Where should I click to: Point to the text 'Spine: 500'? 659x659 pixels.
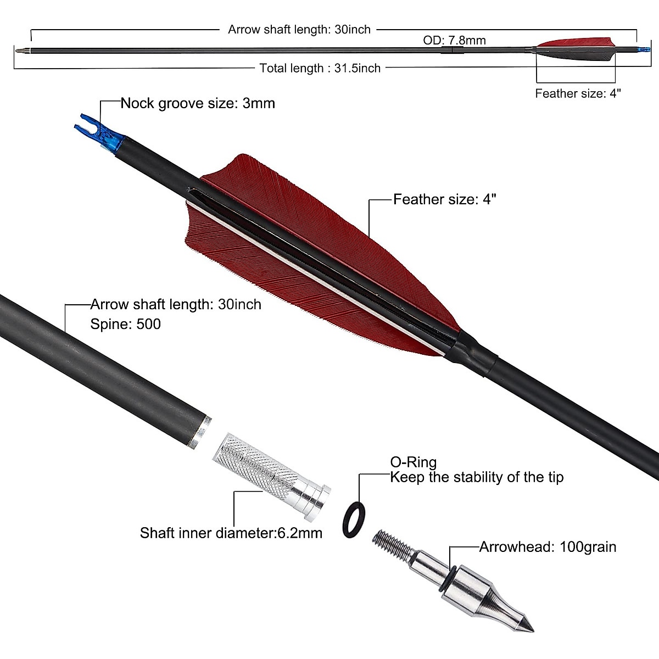(126, 324)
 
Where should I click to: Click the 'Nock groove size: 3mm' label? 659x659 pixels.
(198, 103)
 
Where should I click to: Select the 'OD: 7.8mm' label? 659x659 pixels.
(454, 40)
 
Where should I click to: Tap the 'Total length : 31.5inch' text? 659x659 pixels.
(320, 68)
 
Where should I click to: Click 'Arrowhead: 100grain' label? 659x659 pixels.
(548, 547)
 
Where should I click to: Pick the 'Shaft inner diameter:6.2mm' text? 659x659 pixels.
(231, 533)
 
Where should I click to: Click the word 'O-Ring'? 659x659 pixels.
(413, 462)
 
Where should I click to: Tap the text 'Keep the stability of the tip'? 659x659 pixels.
(477, 477)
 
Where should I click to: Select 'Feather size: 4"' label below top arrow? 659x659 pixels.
(578, 93)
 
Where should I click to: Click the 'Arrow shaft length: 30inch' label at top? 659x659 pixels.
(299, 30)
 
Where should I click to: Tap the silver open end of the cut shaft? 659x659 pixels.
(198, 432)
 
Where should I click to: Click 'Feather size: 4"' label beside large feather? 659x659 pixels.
(445, 199)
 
